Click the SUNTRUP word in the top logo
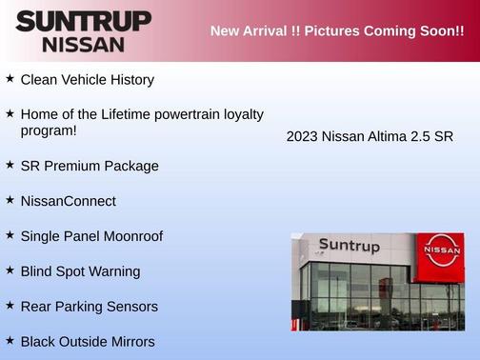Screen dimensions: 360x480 click(84, 21)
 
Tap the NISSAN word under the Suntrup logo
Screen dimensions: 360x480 click(84, 44)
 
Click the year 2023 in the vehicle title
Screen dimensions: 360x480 click(302, 136)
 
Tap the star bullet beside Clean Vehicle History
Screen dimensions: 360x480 click(10, 79)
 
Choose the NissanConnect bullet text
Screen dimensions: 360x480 click(68, 201)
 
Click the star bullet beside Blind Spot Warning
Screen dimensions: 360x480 click(10, 270)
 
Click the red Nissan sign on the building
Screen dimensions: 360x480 click(443, 251)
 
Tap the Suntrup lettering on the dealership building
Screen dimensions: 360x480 click(349, 246)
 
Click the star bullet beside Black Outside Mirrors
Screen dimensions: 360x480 click(10, 340)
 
